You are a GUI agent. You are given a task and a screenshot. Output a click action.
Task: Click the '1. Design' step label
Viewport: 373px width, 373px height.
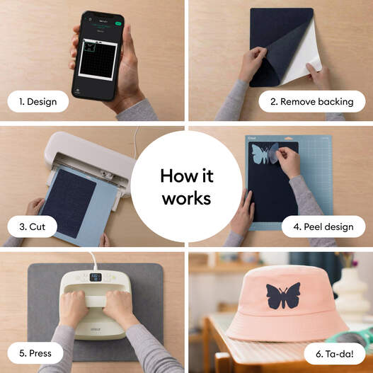(x=38, y=102)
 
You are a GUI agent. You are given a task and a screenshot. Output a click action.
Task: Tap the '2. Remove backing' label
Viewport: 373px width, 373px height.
(x=312, y=102)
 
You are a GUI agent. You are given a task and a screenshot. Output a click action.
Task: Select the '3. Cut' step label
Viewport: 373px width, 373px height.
(x=33, y=226)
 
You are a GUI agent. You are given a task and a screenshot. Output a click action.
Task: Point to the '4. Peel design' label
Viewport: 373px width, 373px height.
(x=323, y=226)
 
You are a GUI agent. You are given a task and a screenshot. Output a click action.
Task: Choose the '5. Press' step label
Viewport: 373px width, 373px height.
(x=35, y=353)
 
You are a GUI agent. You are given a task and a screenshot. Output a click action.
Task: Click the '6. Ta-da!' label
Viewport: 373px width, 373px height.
(x=335, y=354)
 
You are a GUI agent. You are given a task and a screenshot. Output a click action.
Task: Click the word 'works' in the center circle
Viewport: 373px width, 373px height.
(x=187, y=199)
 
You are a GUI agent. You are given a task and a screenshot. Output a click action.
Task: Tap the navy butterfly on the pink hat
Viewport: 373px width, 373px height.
(x=283, y=296)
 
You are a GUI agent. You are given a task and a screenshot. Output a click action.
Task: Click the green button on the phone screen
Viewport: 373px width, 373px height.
(x=118, y=23)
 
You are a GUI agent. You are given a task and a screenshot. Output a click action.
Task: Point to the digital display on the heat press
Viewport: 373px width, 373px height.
(x=96, y=277)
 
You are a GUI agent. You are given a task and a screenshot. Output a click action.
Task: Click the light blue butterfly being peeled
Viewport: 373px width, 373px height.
(x=265, y=154)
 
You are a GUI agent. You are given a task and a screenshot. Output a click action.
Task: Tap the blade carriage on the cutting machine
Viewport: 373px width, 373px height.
(x=106, y=175)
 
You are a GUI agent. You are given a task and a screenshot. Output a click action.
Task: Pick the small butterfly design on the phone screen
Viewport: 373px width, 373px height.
(x=89, y=46)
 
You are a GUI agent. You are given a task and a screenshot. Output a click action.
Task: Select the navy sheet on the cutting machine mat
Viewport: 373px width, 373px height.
(x=69, y=203)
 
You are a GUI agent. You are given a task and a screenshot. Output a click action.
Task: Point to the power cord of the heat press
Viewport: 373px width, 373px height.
(x=93, y=261)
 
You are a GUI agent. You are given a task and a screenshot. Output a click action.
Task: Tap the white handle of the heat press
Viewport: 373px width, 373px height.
(x=95, y=301)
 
